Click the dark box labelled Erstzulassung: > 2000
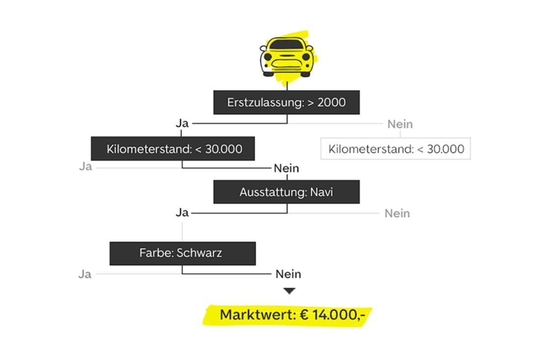pyautogui.click(x=286, y=103)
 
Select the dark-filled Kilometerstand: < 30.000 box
pyautogui.click(x=173, y=149)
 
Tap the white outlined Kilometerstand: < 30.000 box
pyautogui.click(x=396, y=149)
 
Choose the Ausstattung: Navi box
pyautogui.click(x=286, y=192)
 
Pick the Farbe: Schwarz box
pyautogui.click(x=182, y=254)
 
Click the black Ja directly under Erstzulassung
pyautogui.click(x=182, y=124)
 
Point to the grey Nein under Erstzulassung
pyautogui.click(x=400, y=124)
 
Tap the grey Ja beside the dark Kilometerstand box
pyautogui.click(x=85, y=167)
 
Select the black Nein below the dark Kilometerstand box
pyautogui.click(x=287, y=169)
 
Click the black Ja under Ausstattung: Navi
pyautogui.click(x=182, y=213)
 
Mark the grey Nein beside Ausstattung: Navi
pyautogui.click(x=397, y=214)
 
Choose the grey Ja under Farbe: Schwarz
pyautogui.click(x=85, y=274)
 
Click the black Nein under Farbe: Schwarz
pyautogui.click(x=288, y=274)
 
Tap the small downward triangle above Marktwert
pyautogui.click(x=290, y=291)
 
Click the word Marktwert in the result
pyautogui.click(x=256, y=314)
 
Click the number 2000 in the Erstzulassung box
pyautogui.click(x=331, y=103)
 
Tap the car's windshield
pyautogui.click(x=286, y=47)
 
